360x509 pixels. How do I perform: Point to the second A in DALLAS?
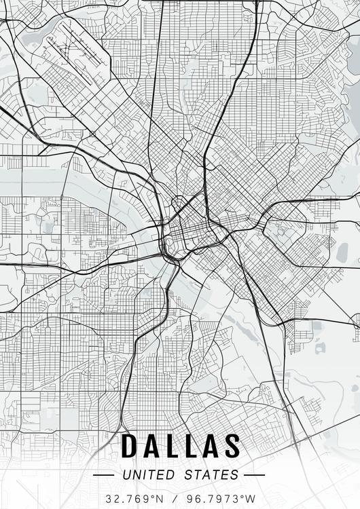point(211,446)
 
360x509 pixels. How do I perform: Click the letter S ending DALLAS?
point(232,446)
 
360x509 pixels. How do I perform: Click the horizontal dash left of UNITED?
point(105,475)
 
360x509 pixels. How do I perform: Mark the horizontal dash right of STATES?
point(254,475)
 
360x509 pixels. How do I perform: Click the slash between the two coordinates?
point(175,498)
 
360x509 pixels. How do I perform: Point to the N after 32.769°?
point(159,498)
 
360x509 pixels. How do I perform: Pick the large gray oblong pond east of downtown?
point(341,252)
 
